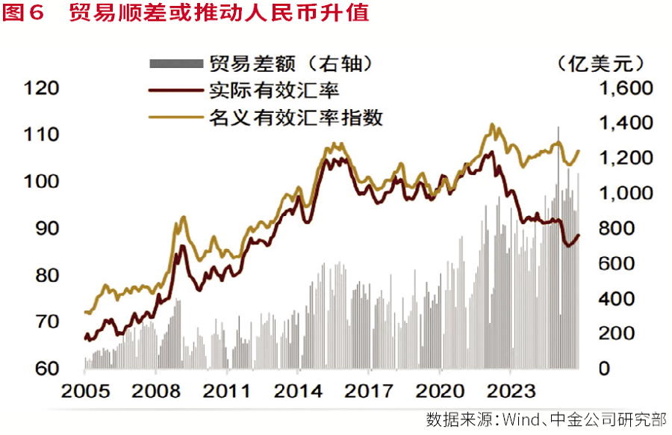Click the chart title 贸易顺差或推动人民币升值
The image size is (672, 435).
pos(219,13)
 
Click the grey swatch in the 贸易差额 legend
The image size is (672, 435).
pos(176,64)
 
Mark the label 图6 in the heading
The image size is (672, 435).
pos(25,13)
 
